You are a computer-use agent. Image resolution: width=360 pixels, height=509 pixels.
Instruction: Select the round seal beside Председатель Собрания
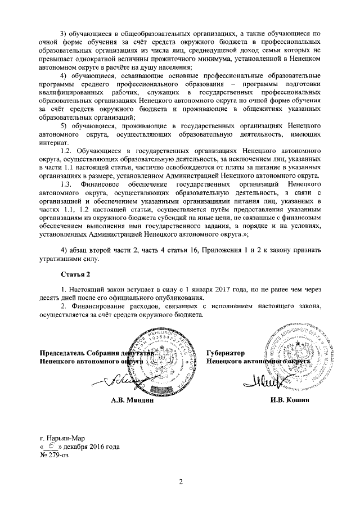[x=164, y=361]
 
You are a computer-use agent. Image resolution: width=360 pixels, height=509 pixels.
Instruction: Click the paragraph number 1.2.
[x=66, y=151]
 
